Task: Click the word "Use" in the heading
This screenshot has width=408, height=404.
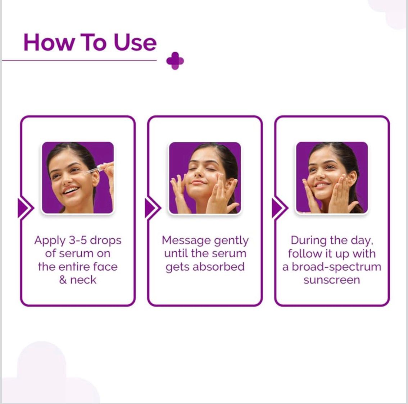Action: (135, 42)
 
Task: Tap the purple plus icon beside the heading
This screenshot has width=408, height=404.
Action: (175, 61)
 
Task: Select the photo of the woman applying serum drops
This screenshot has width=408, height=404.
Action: (78, 178)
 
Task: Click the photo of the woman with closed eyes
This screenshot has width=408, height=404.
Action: (205, 178)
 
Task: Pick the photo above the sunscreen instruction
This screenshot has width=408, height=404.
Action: (332, 178)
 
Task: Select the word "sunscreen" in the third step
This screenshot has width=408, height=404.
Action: (331, 280)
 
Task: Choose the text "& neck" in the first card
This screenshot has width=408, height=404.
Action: (78, 280)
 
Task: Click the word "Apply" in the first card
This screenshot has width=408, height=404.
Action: (50, 240)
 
